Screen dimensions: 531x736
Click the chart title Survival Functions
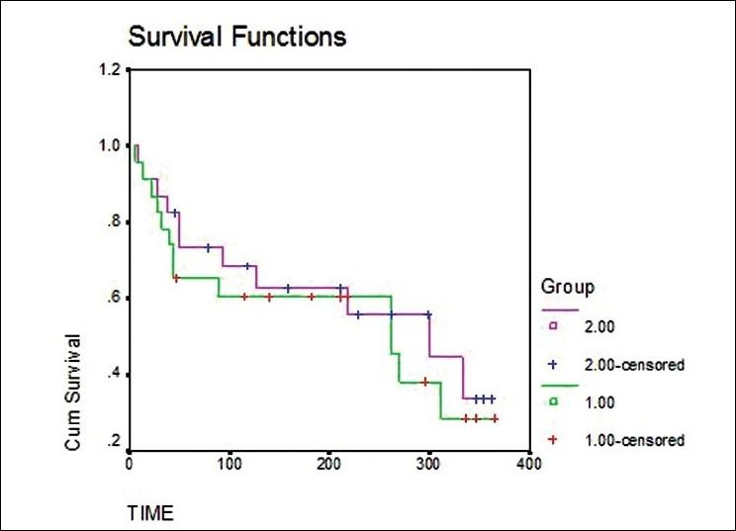tap(235, 38)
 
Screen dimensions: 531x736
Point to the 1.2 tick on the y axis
tap(108, 70)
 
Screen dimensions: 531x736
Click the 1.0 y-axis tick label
tap(108, 145)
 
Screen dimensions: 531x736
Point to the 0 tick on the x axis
tap(130, 463)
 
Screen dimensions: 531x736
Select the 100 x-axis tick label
tap(230, 463)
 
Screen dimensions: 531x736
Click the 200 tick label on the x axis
tap(329, 463)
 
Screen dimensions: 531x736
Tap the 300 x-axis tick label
tap(428, 463)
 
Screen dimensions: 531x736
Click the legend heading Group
tap(567, 289)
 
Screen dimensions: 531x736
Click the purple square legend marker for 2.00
tap(555, 324)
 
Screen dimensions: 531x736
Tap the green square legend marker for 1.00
tap(555, 400)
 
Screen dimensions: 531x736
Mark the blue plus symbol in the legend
tap(555, 364)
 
